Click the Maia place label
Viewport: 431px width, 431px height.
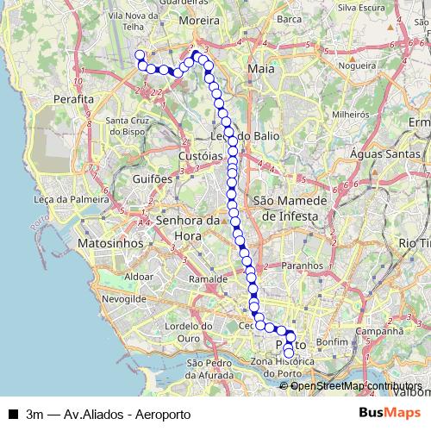point(259,66)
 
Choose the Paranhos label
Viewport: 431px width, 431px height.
point(302,267)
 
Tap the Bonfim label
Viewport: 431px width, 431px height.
point(331,342)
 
